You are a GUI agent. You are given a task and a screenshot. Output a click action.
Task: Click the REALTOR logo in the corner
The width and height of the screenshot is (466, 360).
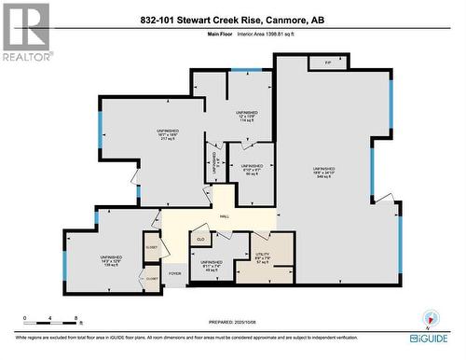(x=25, y=32)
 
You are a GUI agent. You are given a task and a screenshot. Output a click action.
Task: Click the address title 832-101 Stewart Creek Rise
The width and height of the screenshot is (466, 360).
(x=232, y=21)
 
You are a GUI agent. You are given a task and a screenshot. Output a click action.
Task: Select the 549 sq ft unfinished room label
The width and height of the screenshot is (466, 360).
(x=325, y=172)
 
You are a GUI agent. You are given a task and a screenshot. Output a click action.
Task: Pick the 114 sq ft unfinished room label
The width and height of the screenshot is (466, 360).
(x=246, y=116)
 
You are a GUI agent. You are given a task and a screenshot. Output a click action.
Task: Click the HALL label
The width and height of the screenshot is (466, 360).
(x=224, y=216)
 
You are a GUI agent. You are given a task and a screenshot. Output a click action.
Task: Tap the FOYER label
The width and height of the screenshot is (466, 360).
(x=173, y=274)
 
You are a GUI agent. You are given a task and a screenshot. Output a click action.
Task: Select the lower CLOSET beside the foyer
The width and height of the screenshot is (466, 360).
(x=152, y=277)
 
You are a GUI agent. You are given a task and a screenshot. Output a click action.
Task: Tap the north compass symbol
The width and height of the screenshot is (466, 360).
(x=429, y=318)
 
